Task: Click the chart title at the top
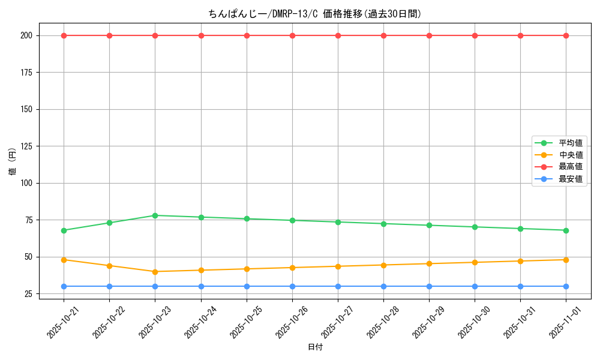pyautogui.click(x=315, y=14)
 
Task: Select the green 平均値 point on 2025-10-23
pyautogui.click(x=155, y=215)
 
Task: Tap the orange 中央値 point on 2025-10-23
pyautogui.click(x=155, y=272)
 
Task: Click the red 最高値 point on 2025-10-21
pyautogui.click(x=64, y=35)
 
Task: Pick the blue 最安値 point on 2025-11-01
pyautogui.click(x=566, y=286)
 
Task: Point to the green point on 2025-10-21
pyautogui.click(x=64, y=230)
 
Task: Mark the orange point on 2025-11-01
pyautogui.click(x=566, y=260)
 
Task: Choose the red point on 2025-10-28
pyautogui.click(x=383, y=35)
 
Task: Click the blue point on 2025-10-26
pyautogui.click(x=292, y=286)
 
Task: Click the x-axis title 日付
pyautogui.click(x=315, y=347)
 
